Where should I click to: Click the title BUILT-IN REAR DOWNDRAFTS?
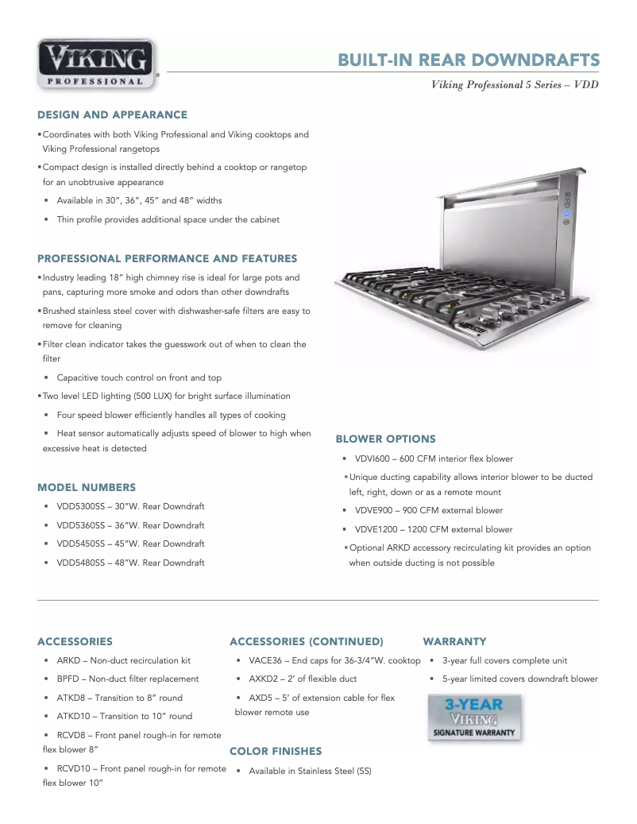[x=469, y=60]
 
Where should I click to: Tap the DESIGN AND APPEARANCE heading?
[x=113, y=115]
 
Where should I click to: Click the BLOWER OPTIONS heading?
[x=385, y=439]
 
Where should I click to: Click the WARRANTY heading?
[x=454, y=641]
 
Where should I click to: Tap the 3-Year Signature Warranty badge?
[x=475, y=718]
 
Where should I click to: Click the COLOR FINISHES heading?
[x=276, y=751]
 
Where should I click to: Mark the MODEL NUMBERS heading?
[x=87, y=487]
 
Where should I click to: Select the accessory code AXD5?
[x=261, y=698]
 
